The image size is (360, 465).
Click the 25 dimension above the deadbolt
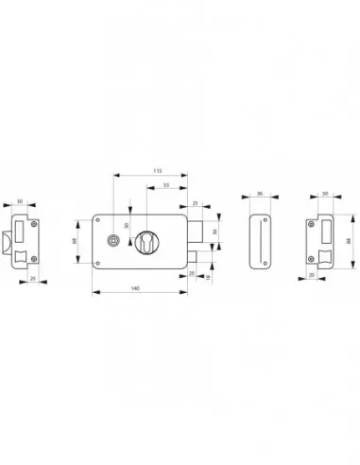196,202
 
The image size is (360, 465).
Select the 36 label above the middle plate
258,196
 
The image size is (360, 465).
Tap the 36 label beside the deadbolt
214,231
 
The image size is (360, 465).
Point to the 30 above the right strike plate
326,196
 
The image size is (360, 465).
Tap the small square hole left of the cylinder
112,241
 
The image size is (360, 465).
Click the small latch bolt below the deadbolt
193,257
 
